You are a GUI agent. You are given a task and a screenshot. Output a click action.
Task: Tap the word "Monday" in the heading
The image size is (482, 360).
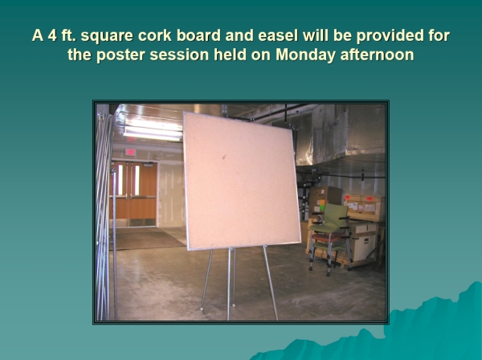[x=305, y=55]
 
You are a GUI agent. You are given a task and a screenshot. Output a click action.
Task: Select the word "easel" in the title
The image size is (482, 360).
[x=278, y=35]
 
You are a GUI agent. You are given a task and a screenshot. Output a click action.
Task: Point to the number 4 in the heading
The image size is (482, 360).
[x=52, y=35]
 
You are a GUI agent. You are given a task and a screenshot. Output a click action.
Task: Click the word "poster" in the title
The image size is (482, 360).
[x=120, y=55]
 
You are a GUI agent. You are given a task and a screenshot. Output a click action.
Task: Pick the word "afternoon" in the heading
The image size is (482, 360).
[x=377, y=55]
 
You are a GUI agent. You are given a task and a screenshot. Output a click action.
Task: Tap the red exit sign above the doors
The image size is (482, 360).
[x=130, y=152]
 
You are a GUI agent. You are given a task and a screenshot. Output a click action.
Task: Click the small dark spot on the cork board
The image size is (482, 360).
[x=224, y=157]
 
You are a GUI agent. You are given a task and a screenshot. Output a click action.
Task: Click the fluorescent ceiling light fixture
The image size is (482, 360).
[x=153, y=131]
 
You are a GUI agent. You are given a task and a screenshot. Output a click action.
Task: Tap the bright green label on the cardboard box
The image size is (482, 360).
[x=322, y=204]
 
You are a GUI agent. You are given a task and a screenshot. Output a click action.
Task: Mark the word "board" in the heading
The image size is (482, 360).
[x=198, y=35]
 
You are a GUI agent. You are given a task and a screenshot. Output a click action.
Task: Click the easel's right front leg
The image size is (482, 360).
[x=271, y=282]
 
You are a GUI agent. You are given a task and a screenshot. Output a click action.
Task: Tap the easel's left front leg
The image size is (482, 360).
[x=206, y=279]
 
